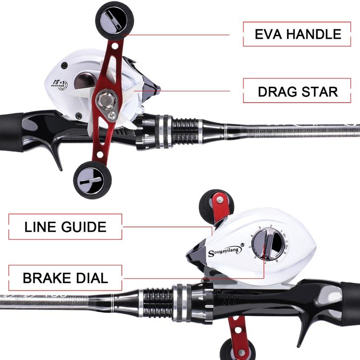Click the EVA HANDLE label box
point(298,34)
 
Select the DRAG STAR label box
point(298,92)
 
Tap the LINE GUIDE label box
point(65,227)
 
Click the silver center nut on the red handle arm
point(106,100)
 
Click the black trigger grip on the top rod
point(56,151)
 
